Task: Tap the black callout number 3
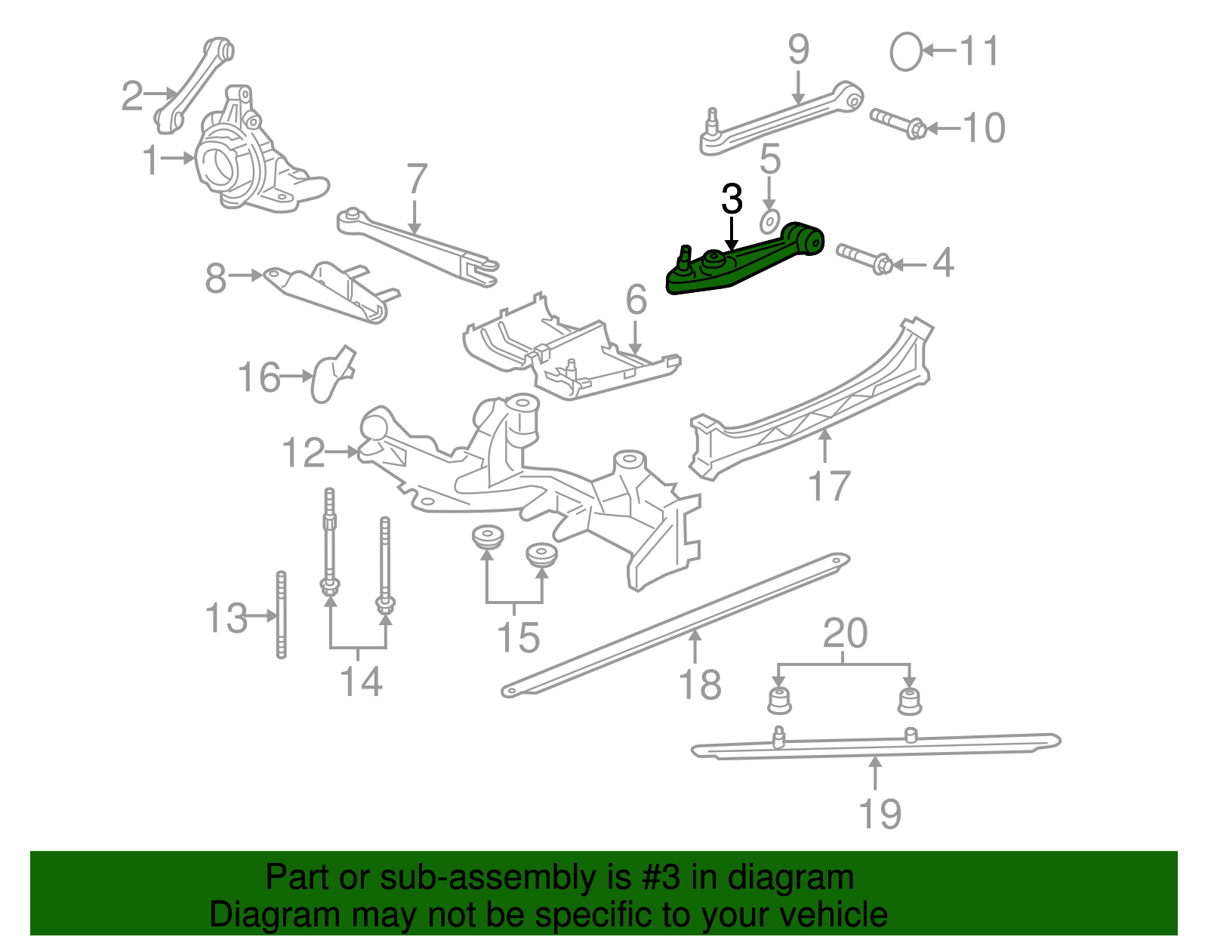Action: pyautogui.click(x=732, y=199)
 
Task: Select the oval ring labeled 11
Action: pyautogui.click(x=905, y=52)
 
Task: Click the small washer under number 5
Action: pyautogui.click(x=769, y=223)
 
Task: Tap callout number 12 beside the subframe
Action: pyautogui.click(x=303, y=453)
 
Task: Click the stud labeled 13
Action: pyautogui.click(x=282, y=615)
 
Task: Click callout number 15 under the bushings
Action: pyautogui.click(x=518, y=637)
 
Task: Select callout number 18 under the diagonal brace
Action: pyautogui.click(x=700, y=685)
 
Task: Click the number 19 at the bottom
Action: pyautogui.click(x=880, y=814)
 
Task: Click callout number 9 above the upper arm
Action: pyautogui.click(x=798, y=50)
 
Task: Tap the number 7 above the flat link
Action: pyautogui.click(x=417, y=179)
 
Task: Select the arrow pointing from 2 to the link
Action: pyautogui.click(x=160, y=94)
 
